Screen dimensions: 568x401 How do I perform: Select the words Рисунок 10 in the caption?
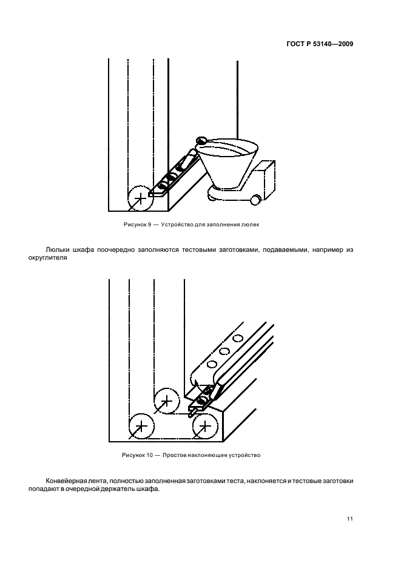(x=135, y=455)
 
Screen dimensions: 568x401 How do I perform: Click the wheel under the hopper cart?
(x=257, y=197)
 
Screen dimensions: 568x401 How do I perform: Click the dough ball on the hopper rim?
(x=202, y=140)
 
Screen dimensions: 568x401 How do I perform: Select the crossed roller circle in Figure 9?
(x=140, y=197)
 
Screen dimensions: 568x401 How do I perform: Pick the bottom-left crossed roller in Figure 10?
(x=140, y=427)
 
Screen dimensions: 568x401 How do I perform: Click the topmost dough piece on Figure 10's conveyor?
(x=238, y=337)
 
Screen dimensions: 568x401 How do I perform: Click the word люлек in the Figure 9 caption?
(x=253, y=225)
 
